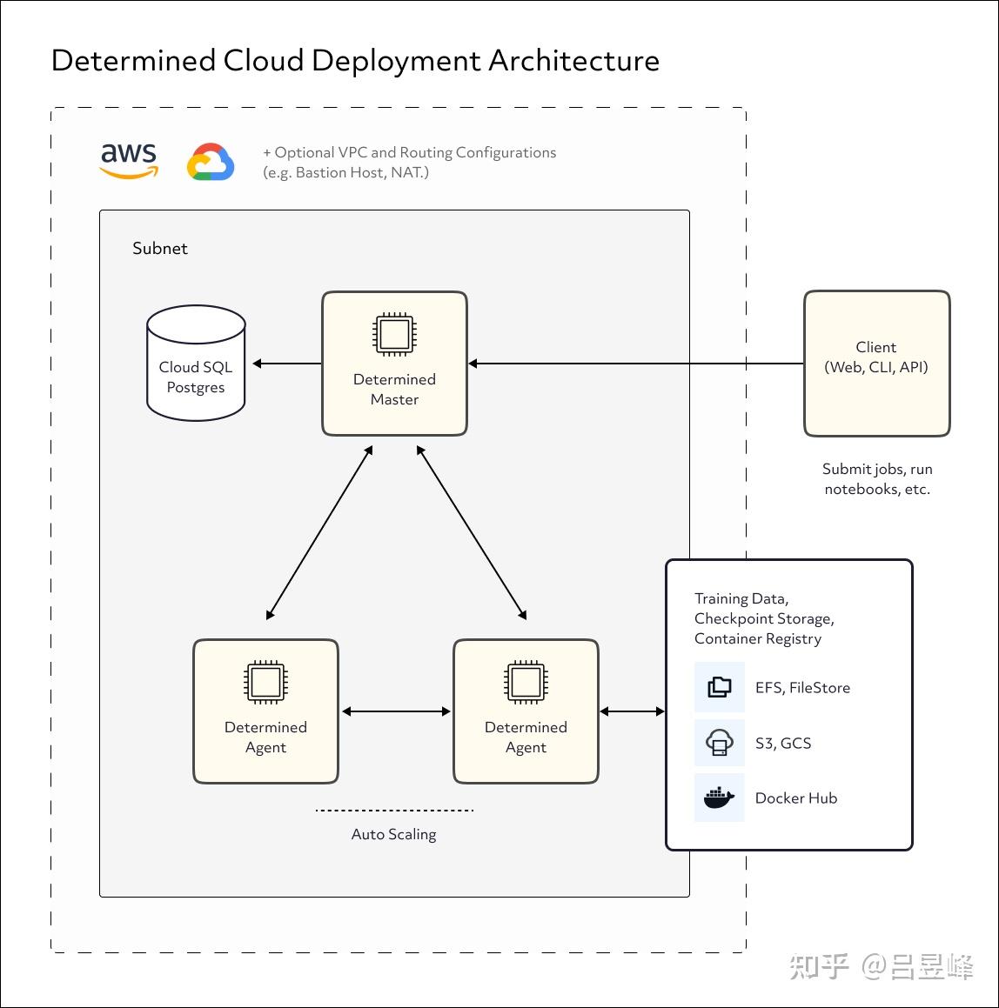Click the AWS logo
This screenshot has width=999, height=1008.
pyautogui.click(x=129, y=160)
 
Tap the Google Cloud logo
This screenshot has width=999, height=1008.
pyautogui.click(x=211, y=162)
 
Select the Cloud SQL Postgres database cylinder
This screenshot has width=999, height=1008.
pyautogui.click(x=196, y=364)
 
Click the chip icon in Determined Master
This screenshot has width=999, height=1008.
pyautogui.click(x=394, y=334)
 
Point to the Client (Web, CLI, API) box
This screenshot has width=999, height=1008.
pyautogui.click(x=877, y=364)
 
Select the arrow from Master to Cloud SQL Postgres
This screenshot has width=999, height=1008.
pyautogui.click(x=287, y=364)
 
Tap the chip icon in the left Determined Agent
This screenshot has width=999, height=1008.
pyautogui.click(x=265, y=682)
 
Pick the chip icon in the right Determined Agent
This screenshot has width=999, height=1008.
pyautogui.click(x=526, y=682)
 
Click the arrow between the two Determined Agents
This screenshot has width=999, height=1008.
pyautogui.click(x=396, y=711)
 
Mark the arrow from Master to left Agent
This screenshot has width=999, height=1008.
pyautogui.click(x=319, y=533)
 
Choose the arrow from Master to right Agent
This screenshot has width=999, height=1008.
pyautogui.click(x=472, y=533)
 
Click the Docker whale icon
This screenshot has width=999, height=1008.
pyautogui.click(x=719, y=798)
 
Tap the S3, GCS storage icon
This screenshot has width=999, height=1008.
pyautogui.click(x=719, y=743)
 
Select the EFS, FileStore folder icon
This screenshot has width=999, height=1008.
pyautogui.click(x=719, y=687)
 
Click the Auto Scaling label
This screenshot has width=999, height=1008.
pyautogui.click(x=393, y=834)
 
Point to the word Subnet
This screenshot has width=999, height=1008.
pyautogui.click(x=160, y=248)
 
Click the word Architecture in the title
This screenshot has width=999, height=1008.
pyautogui.click(x=573, y=61)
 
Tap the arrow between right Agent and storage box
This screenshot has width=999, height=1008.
pyautogui.click(x=632, y=711)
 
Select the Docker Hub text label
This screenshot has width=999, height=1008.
pyautogui.click(x=795, y=798)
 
